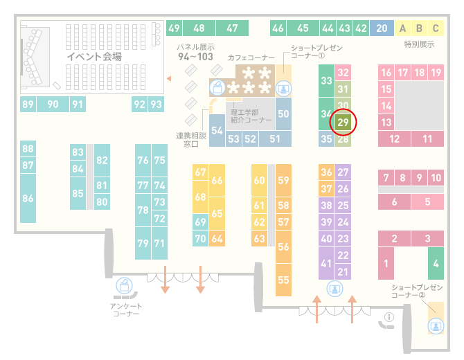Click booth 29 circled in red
coord(343,122)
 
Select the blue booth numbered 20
coord(382,28)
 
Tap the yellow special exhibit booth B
coord(419,28)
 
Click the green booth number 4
coord(436,263)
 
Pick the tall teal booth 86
coord(28,198)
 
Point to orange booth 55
coord(283,280)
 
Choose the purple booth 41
coord(326,263)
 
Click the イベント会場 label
coord(94,56)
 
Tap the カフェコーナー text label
coord(251,57)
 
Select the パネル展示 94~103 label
coord(195,52)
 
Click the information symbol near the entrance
coord(389,317)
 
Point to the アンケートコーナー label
coord(126,309)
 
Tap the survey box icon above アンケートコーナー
coord(124,286)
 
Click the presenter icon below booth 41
coord(334,289)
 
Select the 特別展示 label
coord(419,44)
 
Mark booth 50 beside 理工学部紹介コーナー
coord(283,114)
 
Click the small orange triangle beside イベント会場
coord(169,78)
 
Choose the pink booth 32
coord(343,72)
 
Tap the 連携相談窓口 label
coord(191,140)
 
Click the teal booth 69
coord(200,222)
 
